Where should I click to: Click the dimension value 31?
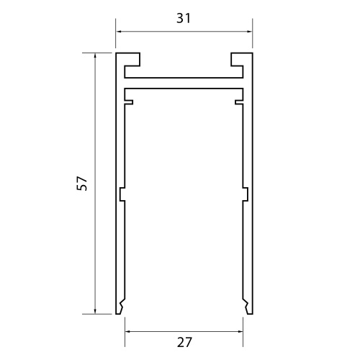pyautogui.click(x=184, y=19)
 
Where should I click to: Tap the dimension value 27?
pyautogui.click(x=184, y=343)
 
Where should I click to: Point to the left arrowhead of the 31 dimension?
pyautogui.click(x=119, y=32)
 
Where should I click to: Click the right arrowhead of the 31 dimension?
pyautogui.click(x=249, y=32)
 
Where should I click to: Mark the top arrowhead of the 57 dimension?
pyautogui.click(x=95, y=55)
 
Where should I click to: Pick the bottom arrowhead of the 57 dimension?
pyautogui.click(x=95, y=311)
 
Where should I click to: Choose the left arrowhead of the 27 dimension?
pyautogui.click(x=129, y=330)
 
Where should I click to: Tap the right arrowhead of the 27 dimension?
pyautogui.click(x=239, y=330)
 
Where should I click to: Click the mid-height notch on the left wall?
pyautogui.click(x=122, y=194)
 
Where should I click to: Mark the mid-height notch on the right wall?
pyautogui.click(x=246, y=194)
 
